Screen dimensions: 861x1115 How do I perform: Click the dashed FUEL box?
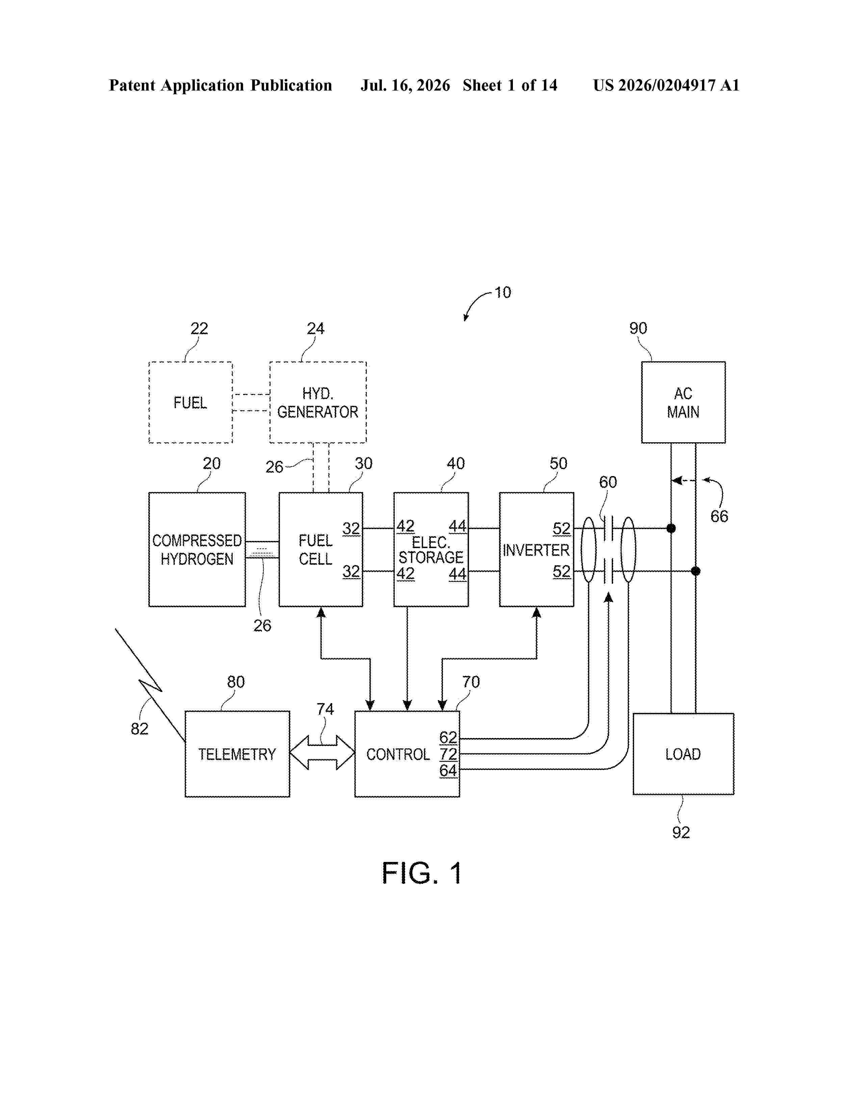[190, 402]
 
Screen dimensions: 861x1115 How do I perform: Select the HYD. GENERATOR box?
[318, 402]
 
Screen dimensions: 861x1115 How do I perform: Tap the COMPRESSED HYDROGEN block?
[197, 549]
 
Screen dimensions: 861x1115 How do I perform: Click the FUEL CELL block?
[321, 549]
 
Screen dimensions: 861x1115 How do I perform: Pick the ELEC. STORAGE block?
[431, 549]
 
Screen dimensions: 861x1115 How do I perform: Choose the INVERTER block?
[537, 549]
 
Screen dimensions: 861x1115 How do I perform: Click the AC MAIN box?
[683, 402]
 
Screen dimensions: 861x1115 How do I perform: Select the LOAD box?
[683, 754]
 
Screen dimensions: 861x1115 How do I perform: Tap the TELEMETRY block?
[237, 754]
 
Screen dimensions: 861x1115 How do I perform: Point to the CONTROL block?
[407, 754]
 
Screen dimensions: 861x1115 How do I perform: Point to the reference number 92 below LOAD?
[681, 833]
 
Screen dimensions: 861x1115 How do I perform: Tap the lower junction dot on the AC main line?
[695, 571]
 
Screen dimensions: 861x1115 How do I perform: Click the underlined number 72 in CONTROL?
[448, 754]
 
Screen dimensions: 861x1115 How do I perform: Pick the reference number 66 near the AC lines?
[719, 516]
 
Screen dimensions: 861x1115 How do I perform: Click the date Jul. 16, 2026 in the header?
[406, 85]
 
